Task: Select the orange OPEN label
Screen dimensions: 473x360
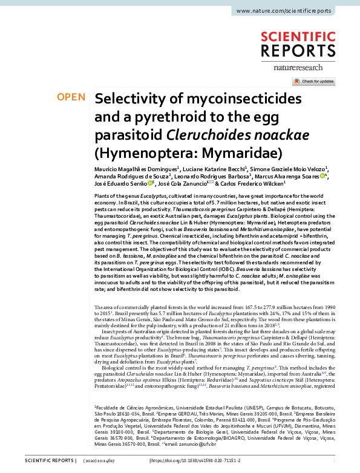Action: coord(71,97)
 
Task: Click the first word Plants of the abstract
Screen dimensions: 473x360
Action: coord(103,198)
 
